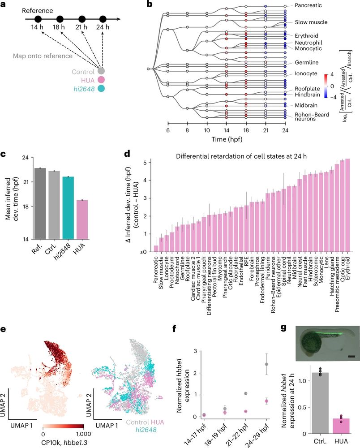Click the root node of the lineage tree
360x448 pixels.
(x=148, y=69)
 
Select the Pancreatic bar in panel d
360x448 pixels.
(x=156, y=250)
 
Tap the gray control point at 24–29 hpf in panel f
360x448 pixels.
(x=266, y=352)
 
